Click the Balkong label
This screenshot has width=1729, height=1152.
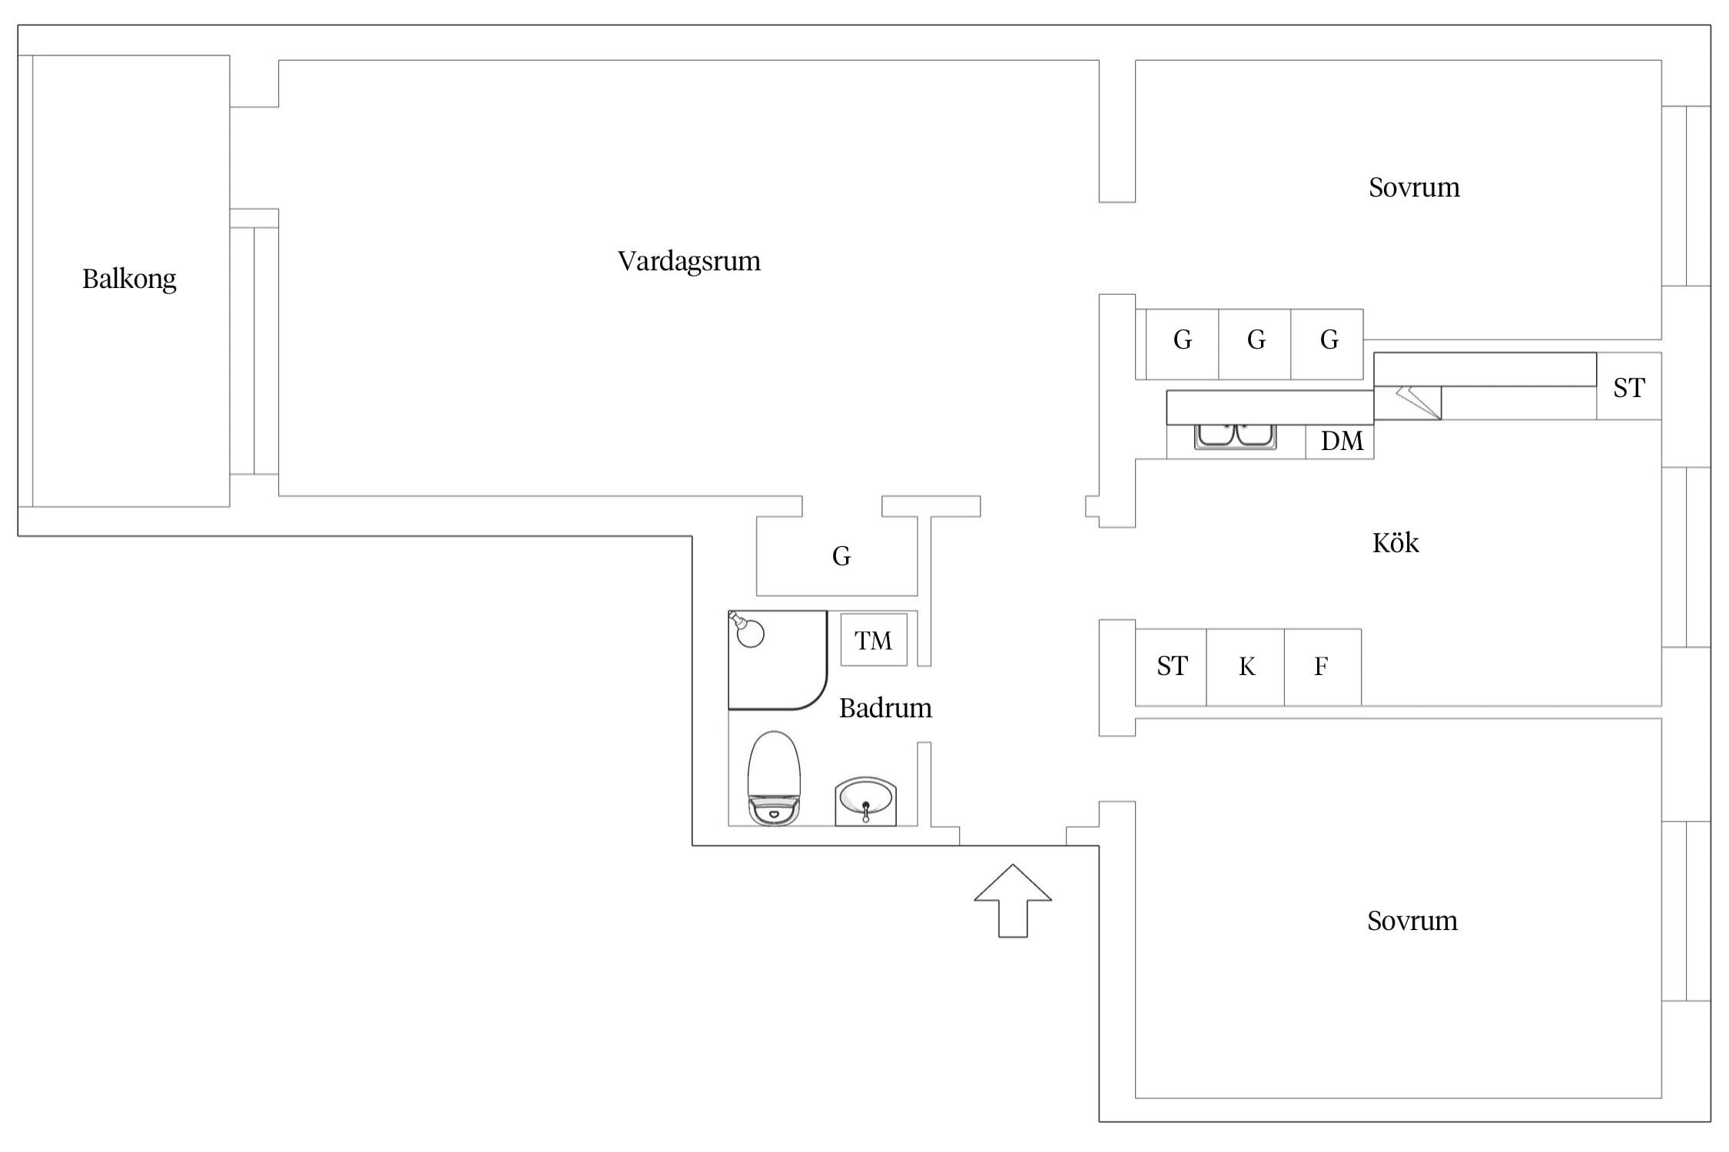129,279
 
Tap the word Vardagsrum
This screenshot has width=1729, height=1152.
689,261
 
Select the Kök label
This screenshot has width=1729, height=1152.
1395,543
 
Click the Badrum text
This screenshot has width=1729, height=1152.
885,707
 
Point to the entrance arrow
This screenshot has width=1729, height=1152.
1013,900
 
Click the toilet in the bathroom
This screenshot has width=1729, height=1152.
774,778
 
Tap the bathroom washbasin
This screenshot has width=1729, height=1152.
866,801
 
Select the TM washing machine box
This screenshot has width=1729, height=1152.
874,640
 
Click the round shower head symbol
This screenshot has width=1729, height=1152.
748,631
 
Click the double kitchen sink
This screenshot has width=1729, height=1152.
1236,435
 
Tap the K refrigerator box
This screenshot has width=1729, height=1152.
1246,667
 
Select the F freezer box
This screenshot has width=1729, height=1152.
1322,667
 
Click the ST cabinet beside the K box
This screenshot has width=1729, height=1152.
1171,667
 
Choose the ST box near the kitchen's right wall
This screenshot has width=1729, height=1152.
1629,386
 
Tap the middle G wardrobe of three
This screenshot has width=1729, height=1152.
1255,344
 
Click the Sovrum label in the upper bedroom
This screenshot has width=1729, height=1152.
1414,187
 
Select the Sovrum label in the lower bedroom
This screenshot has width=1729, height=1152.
1412,921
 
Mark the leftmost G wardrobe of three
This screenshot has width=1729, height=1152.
1182,344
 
